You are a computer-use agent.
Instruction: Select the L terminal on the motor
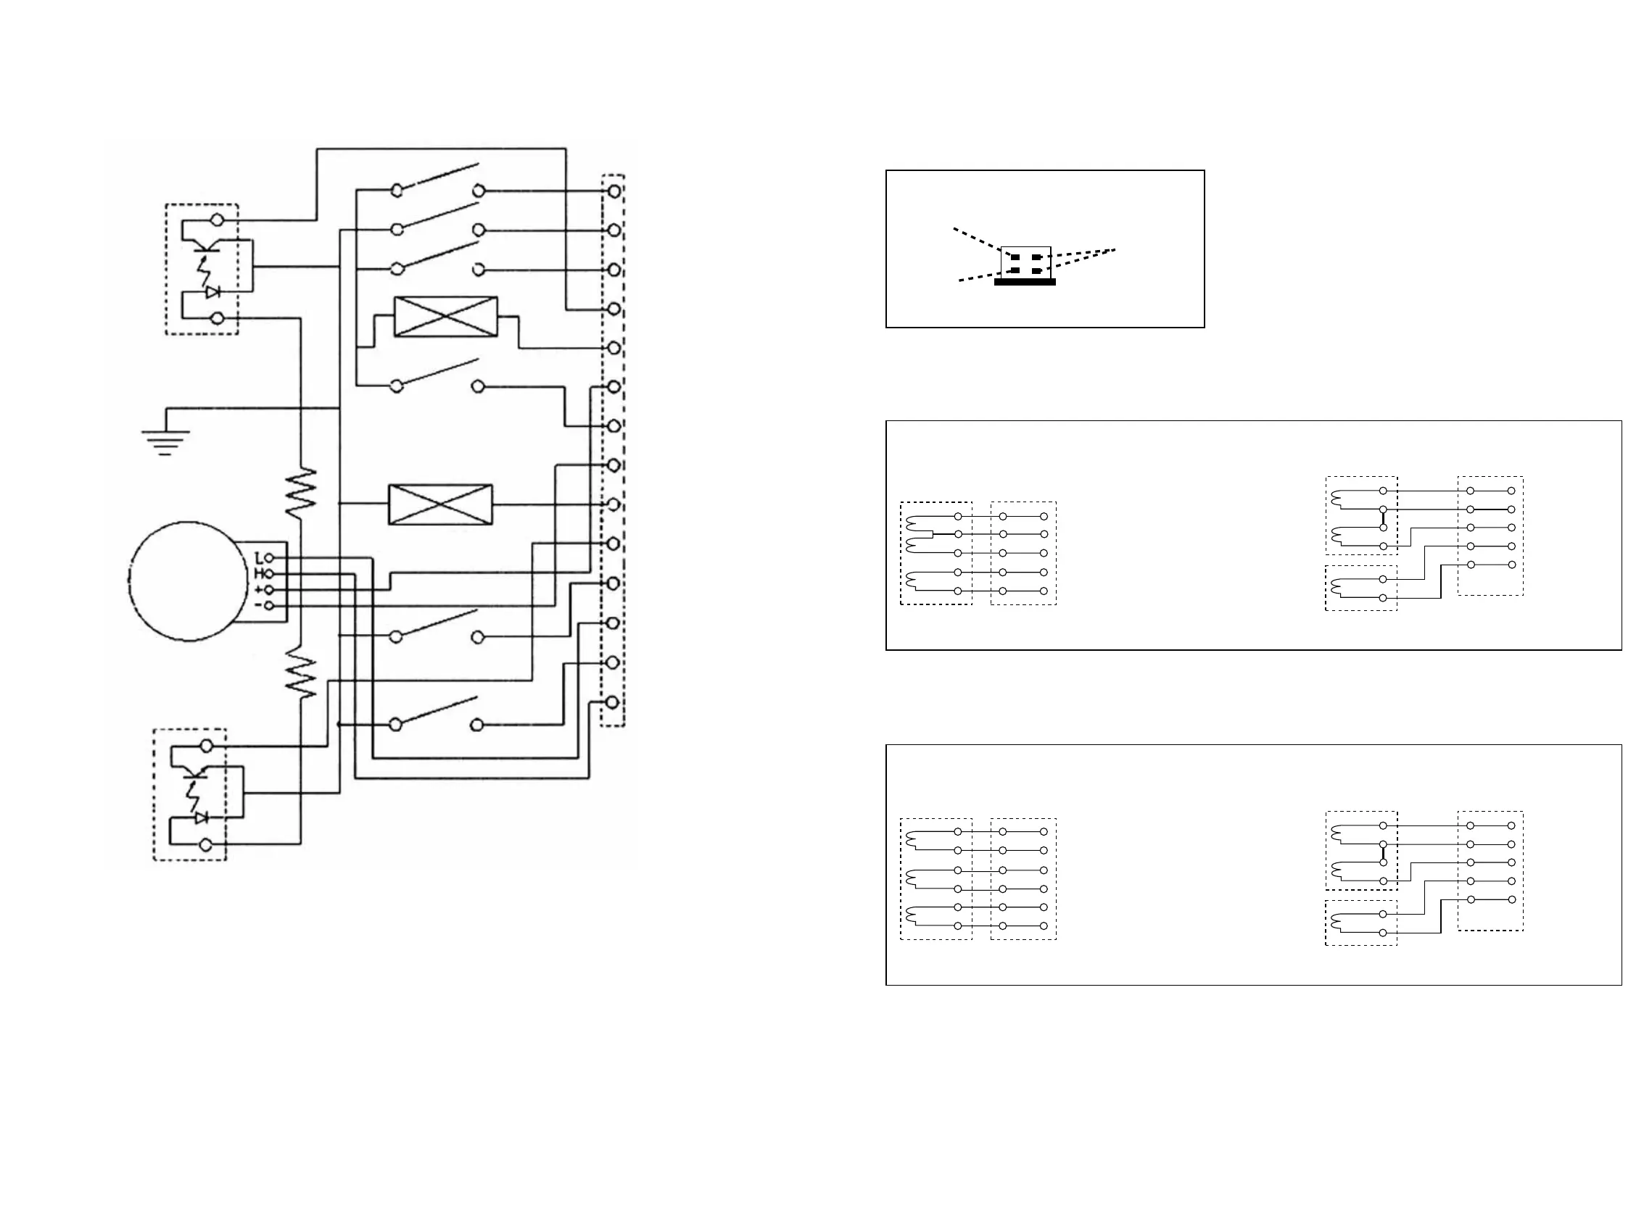270,558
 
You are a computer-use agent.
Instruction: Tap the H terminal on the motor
270,573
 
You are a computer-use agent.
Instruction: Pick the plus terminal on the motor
270,590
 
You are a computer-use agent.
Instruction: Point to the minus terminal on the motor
270,606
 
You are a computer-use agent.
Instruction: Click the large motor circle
188,581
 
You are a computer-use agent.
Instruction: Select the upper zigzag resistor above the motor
301,492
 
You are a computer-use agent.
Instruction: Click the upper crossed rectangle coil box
446,317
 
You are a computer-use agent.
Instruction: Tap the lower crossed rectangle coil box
440,504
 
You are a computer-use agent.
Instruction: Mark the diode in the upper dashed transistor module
213,292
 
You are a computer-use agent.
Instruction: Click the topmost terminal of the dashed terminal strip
614,191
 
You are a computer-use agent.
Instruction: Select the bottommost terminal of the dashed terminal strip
612,702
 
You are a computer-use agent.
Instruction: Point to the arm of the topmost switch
439,177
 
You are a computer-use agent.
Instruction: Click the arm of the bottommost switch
437,710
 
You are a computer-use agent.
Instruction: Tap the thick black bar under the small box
1025,282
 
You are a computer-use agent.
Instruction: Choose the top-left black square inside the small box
1015,257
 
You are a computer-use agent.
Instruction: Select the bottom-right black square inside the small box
1036,271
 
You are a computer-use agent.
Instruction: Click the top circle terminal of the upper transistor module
217,220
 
